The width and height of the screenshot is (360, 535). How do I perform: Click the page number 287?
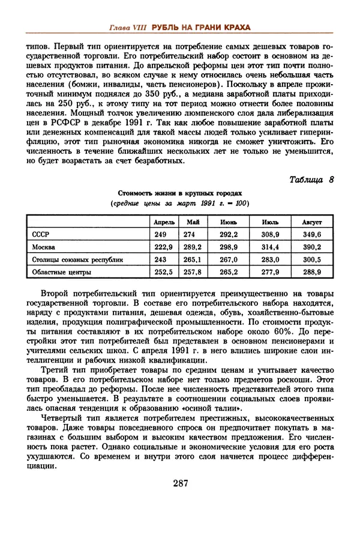point(181,483)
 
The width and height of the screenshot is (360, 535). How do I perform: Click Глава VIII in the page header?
point(129,28)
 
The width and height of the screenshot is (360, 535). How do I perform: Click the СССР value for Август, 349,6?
point(312,234)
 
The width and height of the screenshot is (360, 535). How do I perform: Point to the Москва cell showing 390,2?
point(312,247)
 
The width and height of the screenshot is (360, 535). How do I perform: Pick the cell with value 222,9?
point(163,247)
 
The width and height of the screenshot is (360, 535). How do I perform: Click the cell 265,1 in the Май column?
point(192,259)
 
